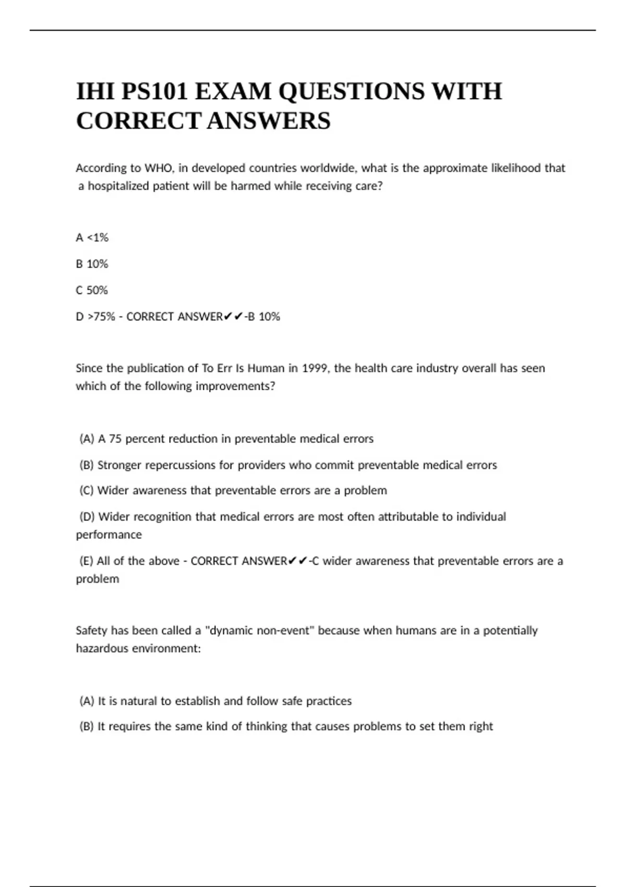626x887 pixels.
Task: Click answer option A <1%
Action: click(92, 238)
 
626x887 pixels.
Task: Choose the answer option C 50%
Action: click(92, 290)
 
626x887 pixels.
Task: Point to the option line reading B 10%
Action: click(92, 264)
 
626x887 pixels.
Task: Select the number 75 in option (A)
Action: click(115, 439)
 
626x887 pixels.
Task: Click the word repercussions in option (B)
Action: click(180, 465)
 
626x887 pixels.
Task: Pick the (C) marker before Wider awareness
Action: click(87, 490)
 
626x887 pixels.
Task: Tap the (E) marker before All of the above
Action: click(86, 561)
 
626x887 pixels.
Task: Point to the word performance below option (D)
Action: click(109, 535)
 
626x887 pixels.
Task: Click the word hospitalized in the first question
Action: click(118, 186)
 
